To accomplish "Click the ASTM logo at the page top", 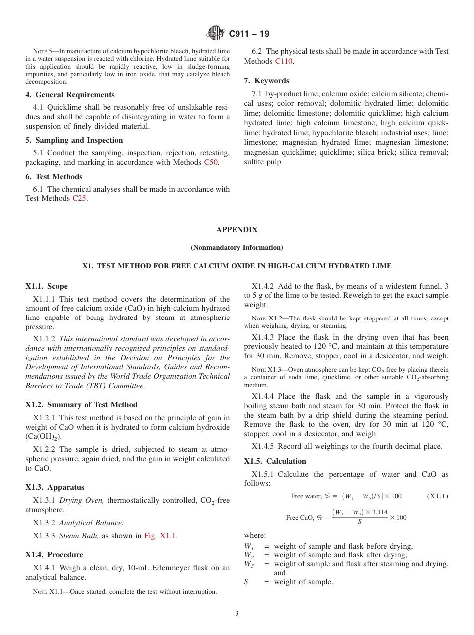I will point(216,34).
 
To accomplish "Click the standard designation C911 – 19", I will point(249,34).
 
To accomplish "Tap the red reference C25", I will point(79,198).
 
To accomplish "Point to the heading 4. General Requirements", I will point(70,95).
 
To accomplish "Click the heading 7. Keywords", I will point(266,81).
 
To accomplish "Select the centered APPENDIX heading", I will point(237,230).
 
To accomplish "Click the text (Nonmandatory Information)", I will point(237,247).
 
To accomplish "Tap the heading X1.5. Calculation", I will point(275,461).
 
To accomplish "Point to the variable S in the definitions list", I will point(246,582).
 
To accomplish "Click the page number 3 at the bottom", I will point(237,614).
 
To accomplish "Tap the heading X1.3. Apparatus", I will point(55,487).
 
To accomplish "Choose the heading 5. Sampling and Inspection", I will point(74,140).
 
